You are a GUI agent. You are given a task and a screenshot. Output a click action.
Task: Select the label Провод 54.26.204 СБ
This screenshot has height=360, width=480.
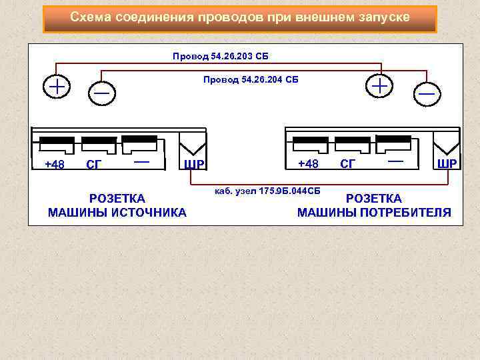pyautogui.click(x=251, y=80)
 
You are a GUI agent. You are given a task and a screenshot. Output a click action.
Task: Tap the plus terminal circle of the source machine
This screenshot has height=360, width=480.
pyautogui.click(x=57, y=87)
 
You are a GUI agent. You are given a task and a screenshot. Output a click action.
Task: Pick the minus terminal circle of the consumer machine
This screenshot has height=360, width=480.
pyautogui.click(x=426, y=94)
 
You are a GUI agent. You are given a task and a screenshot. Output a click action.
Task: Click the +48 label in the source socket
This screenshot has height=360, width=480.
pyautogui.click(x=55, y=164)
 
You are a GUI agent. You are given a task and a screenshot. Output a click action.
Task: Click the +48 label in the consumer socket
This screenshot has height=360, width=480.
pyautogui.click(x=308, y=163)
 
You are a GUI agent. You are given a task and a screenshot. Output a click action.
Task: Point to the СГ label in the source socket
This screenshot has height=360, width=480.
pyautogui.click(x=94, y=164)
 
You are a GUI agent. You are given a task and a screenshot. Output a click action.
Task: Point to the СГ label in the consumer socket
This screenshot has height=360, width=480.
pyautogui.click(x=347, y=163)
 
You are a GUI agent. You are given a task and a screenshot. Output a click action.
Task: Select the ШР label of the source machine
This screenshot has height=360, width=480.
pyautogui.click(x=194, y=165)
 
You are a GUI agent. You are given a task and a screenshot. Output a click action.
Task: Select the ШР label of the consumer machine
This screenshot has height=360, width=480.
pyautogui.click(x=447, y=163)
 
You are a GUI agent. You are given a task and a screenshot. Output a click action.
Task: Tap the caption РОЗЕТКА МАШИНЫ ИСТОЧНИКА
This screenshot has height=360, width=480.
pyautogui.click(x=117, y=205)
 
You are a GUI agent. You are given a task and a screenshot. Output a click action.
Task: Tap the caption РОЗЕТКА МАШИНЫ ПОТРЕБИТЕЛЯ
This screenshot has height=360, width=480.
pyautogui.click(x=374, y=205)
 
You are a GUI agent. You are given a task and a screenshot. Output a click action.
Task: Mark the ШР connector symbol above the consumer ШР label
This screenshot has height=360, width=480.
pyautogui.click(x=445, y=142)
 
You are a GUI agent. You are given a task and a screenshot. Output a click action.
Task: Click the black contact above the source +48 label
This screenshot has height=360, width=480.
pyautogui.click(x=57, y=143)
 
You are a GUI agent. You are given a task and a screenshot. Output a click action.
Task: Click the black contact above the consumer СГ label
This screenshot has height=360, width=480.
pyautogui.click(x=352, y=142)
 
